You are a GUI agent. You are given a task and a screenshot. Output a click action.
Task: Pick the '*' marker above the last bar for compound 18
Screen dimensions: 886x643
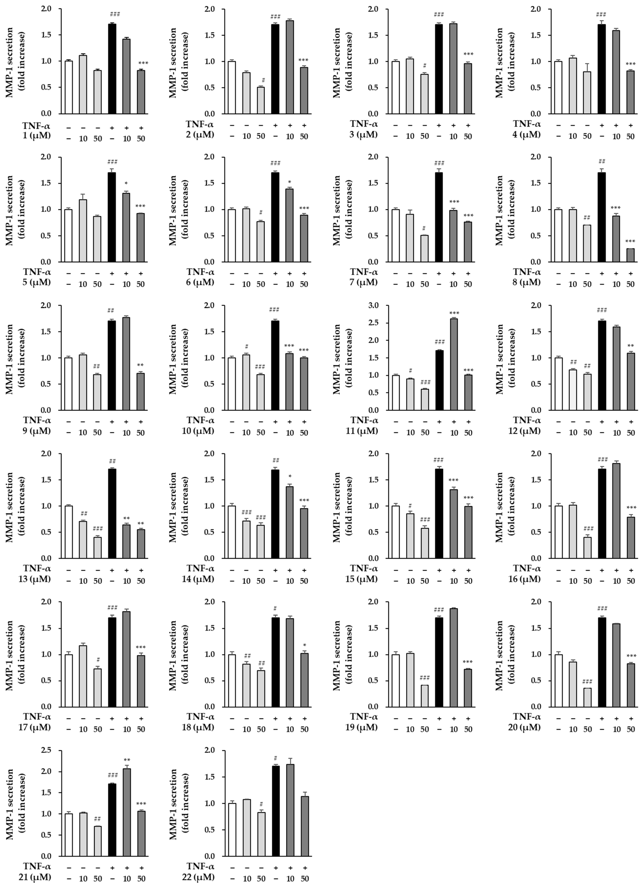[x=304, y=645]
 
